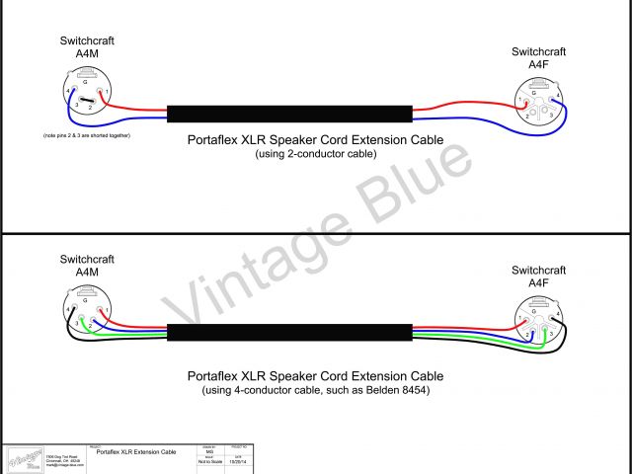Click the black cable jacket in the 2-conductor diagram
[288, 114]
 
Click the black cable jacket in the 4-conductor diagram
[288, 333]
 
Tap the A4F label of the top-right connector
[538, 64]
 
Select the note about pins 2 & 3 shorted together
[87, 133]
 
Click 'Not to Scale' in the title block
[209, 460]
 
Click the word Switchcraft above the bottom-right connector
[538, 270]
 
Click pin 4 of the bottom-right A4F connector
[557, 315]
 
